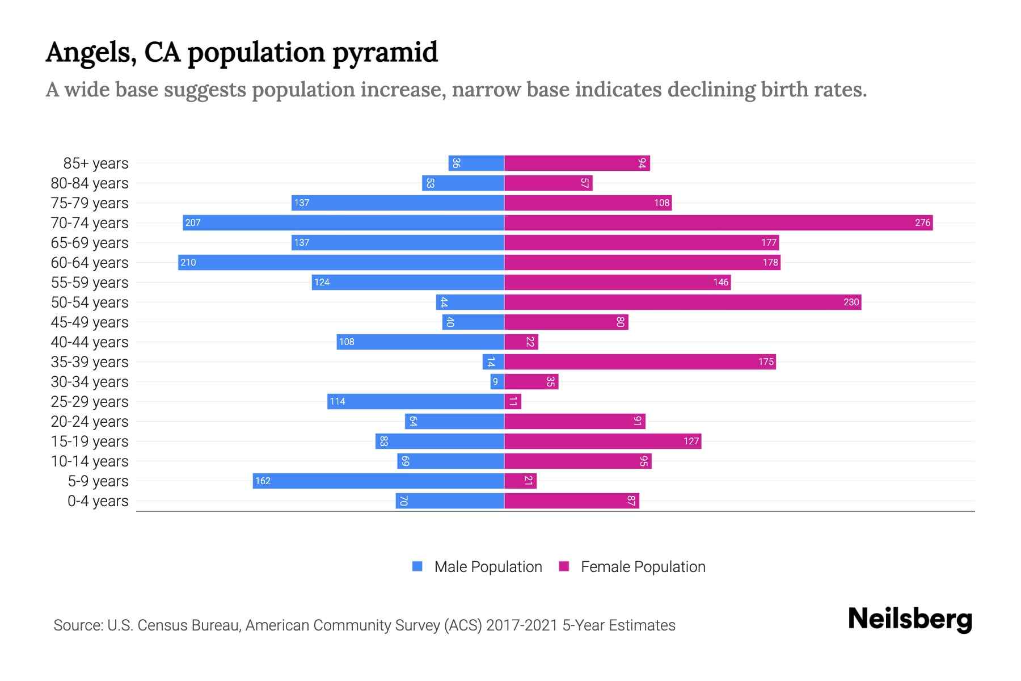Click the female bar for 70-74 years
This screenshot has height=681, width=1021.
[x=718, y=222]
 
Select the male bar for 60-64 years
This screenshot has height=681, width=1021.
[x=341, y=262]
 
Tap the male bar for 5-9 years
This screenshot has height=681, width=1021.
[x=378, y=481]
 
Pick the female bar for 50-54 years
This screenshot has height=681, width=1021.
[x=682, y=302]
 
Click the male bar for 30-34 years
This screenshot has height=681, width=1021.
[x=497, y=381]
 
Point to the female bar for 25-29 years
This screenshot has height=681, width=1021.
[x=513, y=401]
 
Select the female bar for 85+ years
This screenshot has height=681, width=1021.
[x=577, y=163]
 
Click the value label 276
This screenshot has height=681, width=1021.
[x=922, y=222]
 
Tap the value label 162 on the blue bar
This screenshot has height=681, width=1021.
[x=263, y=481]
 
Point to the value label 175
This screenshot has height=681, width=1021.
[x=766, y=361]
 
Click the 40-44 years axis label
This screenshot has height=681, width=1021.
[x=90, y=342]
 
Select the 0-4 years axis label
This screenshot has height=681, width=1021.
[x=98, y=501]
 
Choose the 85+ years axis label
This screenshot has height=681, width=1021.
[x=96, y=163]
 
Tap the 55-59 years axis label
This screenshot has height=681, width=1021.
[x=90, y=282]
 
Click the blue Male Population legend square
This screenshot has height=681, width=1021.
[x=417, y=566]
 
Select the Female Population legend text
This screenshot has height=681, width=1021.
[x=643, y=566]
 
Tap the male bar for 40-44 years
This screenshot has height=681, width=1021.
[x=420, y=342]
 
